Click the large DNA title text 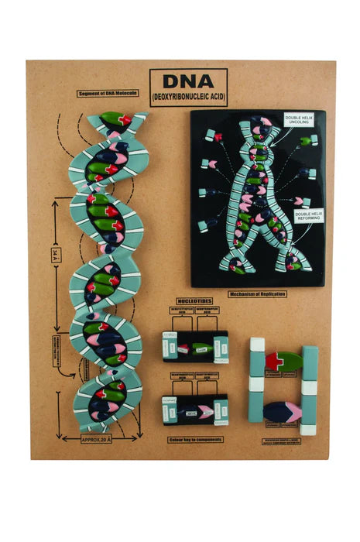[188, 81]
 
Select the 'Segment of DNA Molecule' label [108, 93]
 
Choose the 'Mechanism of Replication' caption [257, 294]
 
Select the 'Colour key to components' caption [195, 439]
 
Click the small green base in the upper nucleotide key [201, 348]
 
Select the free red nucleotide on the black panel [218, 137]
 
